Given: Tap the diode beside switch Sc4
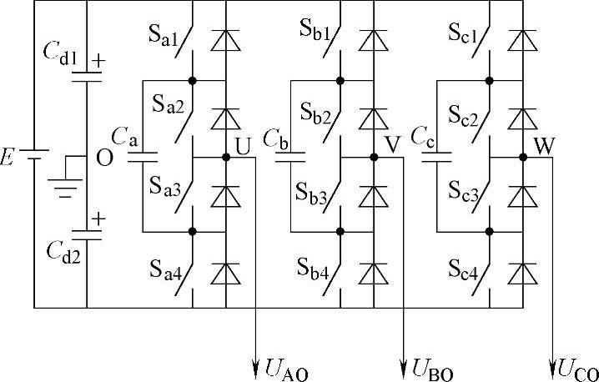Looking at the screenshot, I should (523, 272).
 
